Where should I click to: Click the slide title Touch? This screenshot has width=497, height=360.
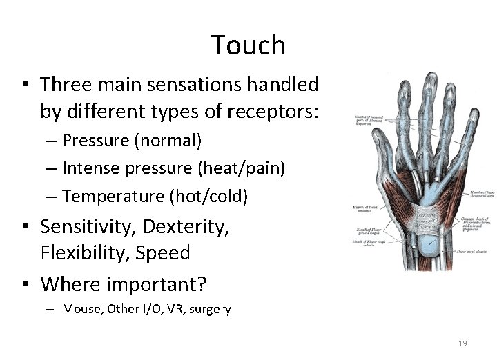click(248, 46)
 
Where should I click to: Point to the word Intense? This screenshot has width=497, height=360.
click(89, 168)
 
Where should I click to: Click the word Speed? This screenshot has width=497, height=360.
click(165, 252)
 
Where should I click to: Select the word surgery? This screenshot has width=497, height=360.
click(210, 309)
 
